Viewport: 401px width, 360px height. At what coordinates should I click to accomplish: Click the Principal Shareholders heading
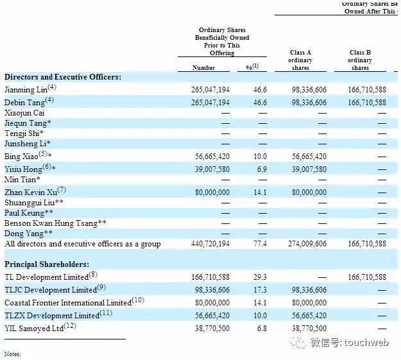(47, 264)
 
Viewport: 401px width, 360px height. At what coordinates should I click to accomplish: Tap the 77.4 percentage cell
(260, 244)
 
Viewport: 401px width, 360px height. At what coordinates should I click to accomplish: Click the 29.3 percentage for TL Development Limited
(260, 277)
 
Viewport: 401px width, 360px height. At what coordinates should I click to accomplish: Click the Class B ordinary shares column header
(360, 60)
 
